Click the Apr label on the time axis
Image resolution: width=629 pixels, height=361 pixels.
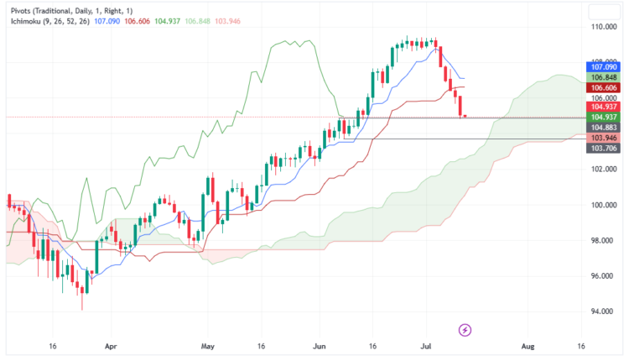110,345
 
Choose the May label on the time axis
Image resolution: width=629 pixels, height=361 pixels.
210,345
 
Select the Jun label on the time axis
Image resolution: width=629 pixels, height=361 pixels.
318,345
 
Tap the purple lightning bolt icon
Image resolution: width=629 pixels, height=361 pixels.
466,328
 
